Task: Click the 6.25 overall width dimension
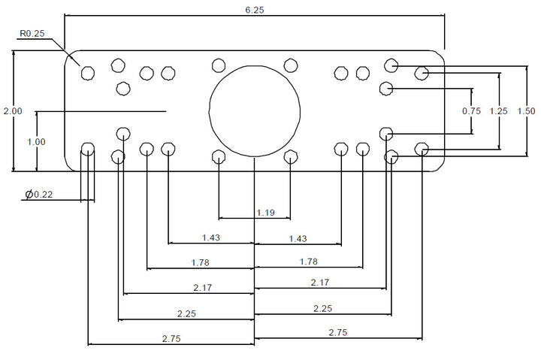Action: click(255, 10)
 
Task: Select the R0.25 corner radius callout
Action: click(32, 34)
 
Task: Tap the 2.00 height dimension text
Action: click(13, 111)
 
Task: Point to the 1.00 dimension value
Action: click(36, 142)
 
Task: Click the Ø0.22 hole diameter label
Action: click(39, 195)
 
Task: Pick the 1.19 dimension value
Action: click(266, 213)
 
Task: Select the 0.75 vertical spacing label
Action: click(471, 111)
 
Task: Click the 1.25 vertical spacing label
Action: click(499, 111)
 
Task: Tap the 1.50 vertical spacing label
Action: click(526, 111)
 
